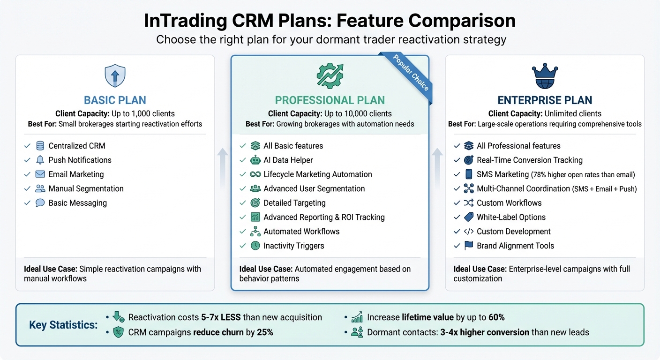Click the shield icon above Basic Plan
click(115, 76)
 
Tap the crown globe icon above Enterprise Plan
click(544, 76)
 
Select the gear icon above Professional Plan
click(330, 75)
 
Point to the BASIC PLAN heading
click(115, 100)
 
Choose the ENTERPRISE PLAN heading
click(544, 100)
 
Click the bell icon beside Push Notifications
click(40, 160)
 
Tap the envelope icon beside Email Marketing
click(40, 174)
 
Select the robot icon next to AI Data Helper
click(255, 160)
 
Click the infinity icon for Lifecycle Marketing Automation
click(255, 174)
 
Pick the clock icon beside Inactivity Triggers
click(255, 246)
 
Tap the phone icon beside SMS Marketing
click(468, 174)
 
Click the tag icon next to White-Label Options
click(468, 217)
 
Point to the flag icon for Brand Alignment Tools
click(468, 246)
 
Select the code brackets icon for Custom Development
click(468, 232)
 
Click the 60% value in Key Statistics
click(496, 317)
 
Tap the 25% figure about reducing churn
click(264, 332)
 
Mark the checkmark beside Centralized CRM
click(27, 146)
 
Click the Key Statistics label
click(63, 325)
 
